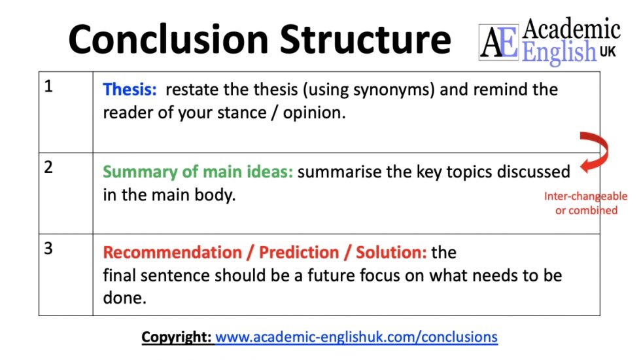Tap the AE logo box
tap(500, 42)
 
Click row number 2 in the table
tap(48, 167)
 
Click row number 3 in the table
tap(48, 249)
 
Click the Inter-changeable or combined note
tap(585, 204)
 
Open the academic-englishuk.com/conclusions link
tap(356, 337)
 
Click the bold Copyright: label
tap(177, 337)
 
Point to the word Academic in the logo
tap(572, 29)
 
